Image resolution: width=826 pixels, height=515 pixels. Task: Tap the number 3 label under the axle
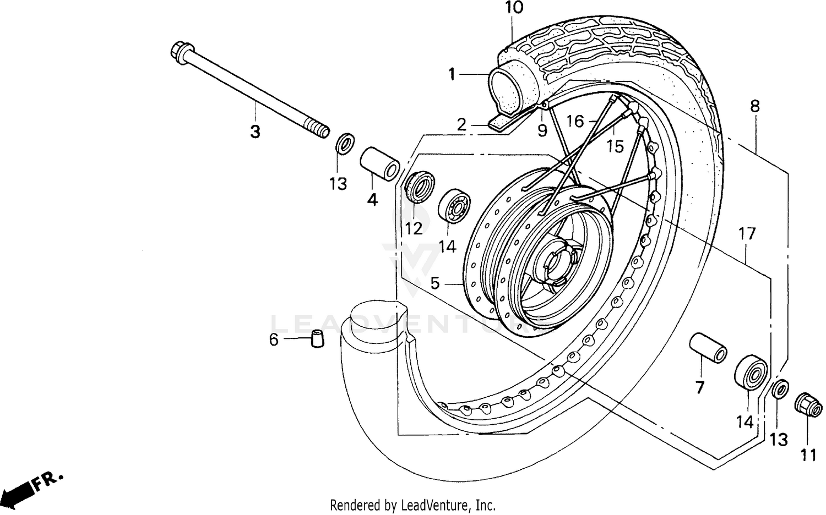pos(255,132)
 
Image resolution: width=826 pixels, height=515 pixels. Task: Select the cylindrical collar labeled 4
pos(380,162)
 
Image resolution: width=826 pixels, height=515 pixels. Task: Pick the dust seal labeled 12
pos(421,187)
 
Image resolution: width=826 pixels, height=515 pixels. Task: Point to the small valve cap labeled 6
pos(317,338)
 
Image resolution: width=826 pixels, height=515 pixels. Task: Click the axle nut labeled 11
pos(808,407)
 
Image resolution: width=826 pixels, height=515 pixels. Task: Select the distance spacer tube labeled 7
pos(709,347)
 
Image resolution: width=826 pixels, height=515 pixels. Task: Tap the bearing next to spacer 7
pos(751,372)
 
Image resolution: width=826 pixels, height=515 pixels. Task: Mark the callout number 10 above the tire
pos(514,8)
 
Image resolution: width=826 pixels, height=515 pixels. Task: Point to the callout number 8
pos(754,106)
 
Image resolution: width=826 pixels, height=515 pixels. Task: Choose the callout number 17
pos(747,234)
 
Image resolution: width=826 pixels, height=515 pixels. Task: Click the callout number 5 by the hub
pos(435,283)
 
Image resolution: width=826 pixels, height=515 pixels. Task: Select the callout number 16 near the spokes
pos(574,121)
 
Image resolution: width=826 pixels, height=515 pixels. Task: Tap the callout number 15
pos(615,146)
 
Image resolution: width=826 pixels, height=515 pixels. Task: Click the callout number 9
pos(542,130)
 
